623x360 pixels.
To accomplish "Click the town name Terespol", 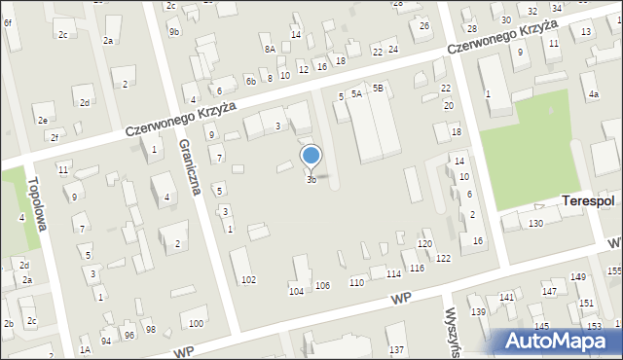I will tap(588, 201).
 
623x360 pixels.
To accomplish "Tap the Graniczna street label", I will tap(190, 166).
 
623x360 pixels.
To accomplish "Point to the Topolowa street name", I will tap(41, 200).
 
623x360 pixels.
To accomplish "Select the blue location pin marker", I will tap(311, 157).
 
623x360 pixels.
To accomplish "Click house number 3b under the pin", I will tap(311, 180).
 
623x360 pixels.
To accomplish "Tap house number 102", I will tap(248, 280).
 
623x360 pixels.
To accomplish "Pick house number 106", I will tap(322, 285).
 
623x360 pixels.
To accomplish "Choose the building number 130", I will tap(535, 224).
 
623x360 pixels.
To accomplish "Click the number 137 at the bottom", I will tap(396, 349).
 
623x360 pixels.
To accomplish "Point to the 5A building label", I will tap(357, 93).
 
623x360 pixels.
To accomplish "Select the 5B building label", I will tap(379, 88).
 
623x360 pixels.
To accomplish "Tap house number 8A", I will tap(270, 49).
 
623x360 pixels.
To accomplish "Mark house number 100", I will tap(196, 323).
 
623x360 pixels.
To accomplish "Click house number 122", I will tap(443, 258).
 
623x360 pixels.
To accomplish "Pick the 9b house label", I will tap(173, 32).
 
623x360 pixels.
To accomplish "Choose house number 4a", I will tap(593, 94).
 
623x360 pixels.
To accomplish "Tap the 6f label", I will tap(8, 21).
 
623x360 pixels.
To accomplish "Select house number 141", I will tap(506, 297).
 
